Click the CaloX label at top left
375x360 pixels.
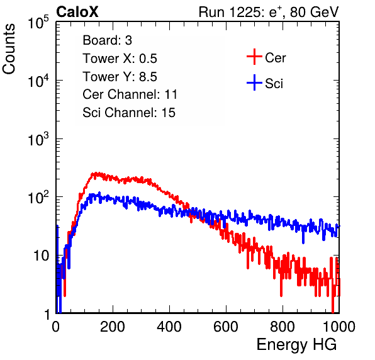click(77, 12)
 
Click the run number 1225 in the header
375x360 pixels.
click(245, 12)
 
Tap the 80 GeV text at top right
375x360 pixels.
click(315, 12)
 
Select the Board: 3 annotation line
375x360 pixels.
click(107, 40)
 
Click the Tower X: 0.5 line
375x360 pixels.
click(120, 59)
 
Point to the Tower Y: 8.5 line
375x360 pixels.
click(120, 77)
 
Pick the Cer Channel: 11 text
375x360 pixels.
click(130, 94)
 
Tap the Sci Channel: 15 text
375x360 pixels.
click(129, 113)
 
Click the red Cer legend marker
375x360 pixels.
click(254, 57)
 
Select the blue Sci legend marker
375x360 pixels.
click(254, 82)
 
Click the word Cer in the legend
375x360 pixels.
click(275, 58)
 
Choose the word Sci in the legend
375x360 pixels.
click(274, 84)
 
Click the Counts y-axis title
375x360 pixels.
click(9, 49)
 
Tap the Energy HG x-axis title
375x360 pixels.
click(296, 345)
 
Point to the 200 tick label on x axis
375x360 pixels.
click(113, 327)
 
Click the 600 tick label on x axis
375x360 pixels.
click(226, 327)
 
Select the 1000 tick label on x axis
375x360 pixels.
click(339, 327)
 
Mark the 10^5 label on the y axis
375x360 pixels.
click(38, 23)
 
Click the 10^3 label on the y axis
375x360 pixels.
click(38, 139)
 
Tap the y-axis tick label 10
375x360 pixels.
click(41, 256)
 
